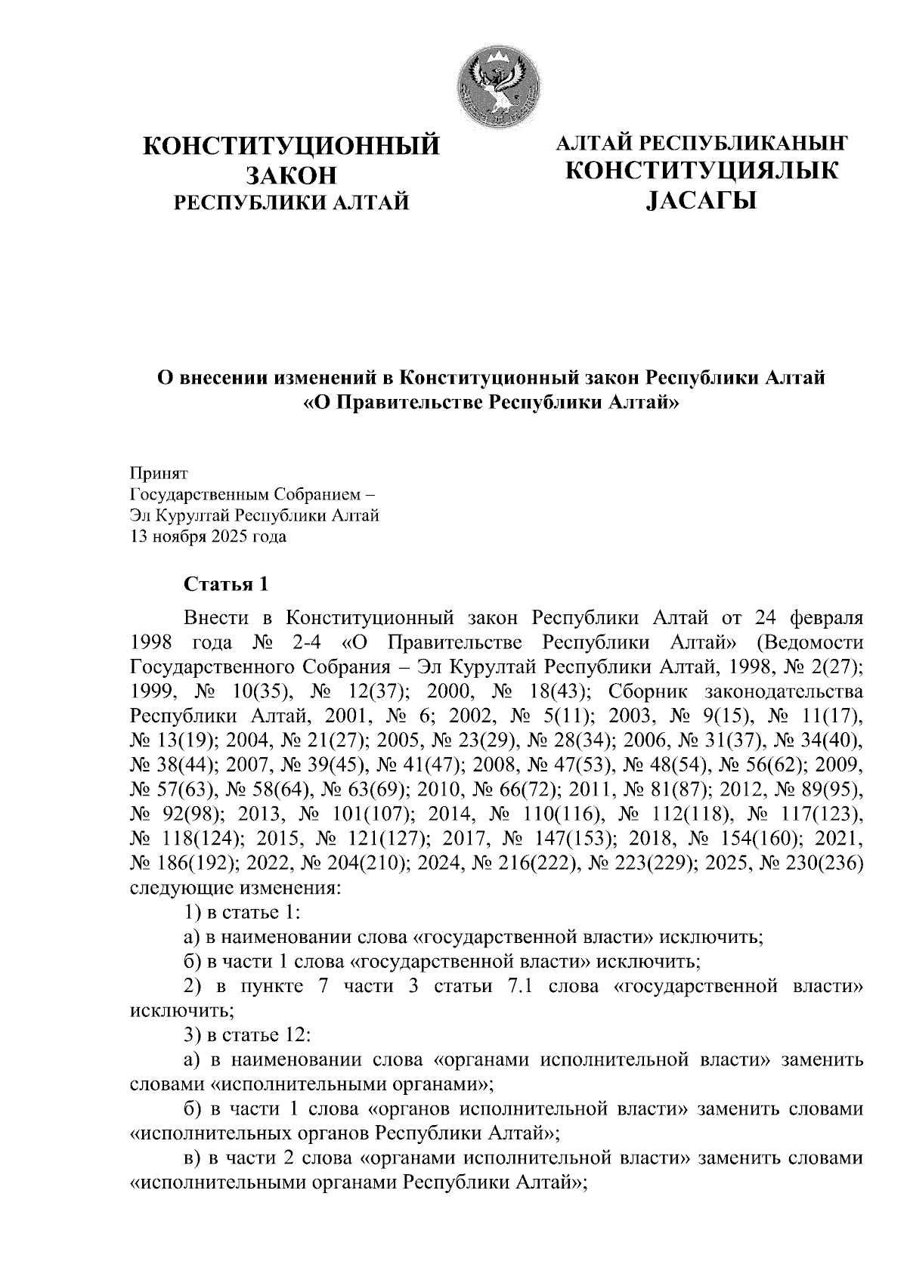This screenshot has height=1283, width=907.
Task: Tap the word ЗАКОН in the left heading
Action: [291, 175]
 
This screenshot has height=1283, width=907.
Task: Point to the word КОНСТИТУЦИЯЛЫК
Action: [701, 172]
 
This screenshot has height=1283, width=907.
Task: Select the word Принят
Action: [158, 474]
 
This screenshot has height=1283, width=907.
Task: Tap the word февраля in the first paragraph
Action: [820, 618]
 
